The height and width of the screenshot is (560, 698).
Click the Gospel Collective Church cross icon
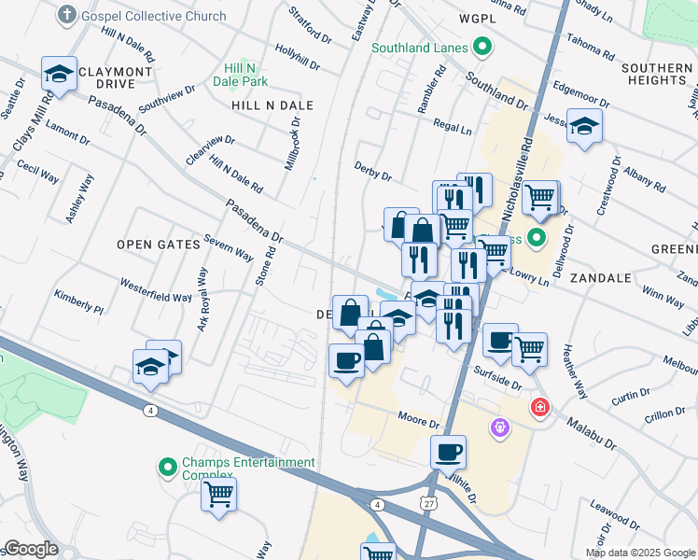pos(67,15)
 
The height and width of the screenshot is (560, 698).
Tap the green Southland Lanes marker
pos(482,46)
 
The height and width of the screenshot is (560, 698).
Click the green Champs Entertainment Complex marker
pos(168,467)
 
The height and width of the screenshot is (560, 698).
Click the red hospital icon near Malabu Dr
pos(539,407)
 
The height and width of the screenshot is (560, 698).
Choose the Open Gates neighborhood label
pos(159,245)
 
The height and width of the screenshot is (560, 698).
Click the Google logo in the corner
pos(32,549)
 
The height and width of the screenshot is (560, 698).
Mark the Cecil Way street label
pos(38,174)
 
